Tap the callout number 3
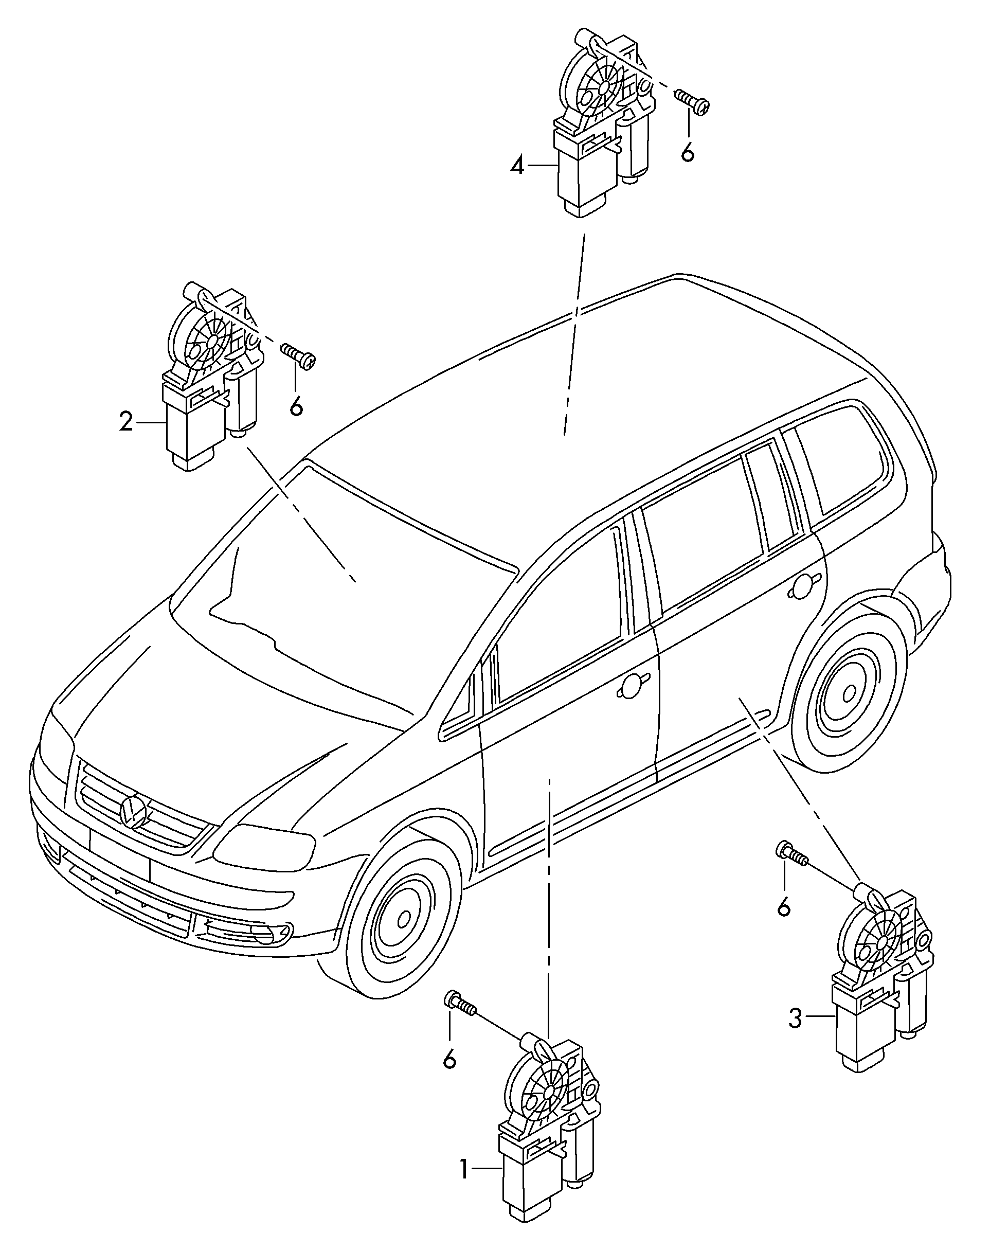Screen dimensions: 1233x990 (x=795, y=1018)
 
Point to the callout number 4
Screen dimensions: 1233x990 (x=517, y=167)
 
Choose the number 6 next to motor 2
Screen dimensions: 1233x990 (x=296, y=406)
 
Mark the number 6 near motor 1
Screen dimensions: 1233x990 (x=450, y=1059)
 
